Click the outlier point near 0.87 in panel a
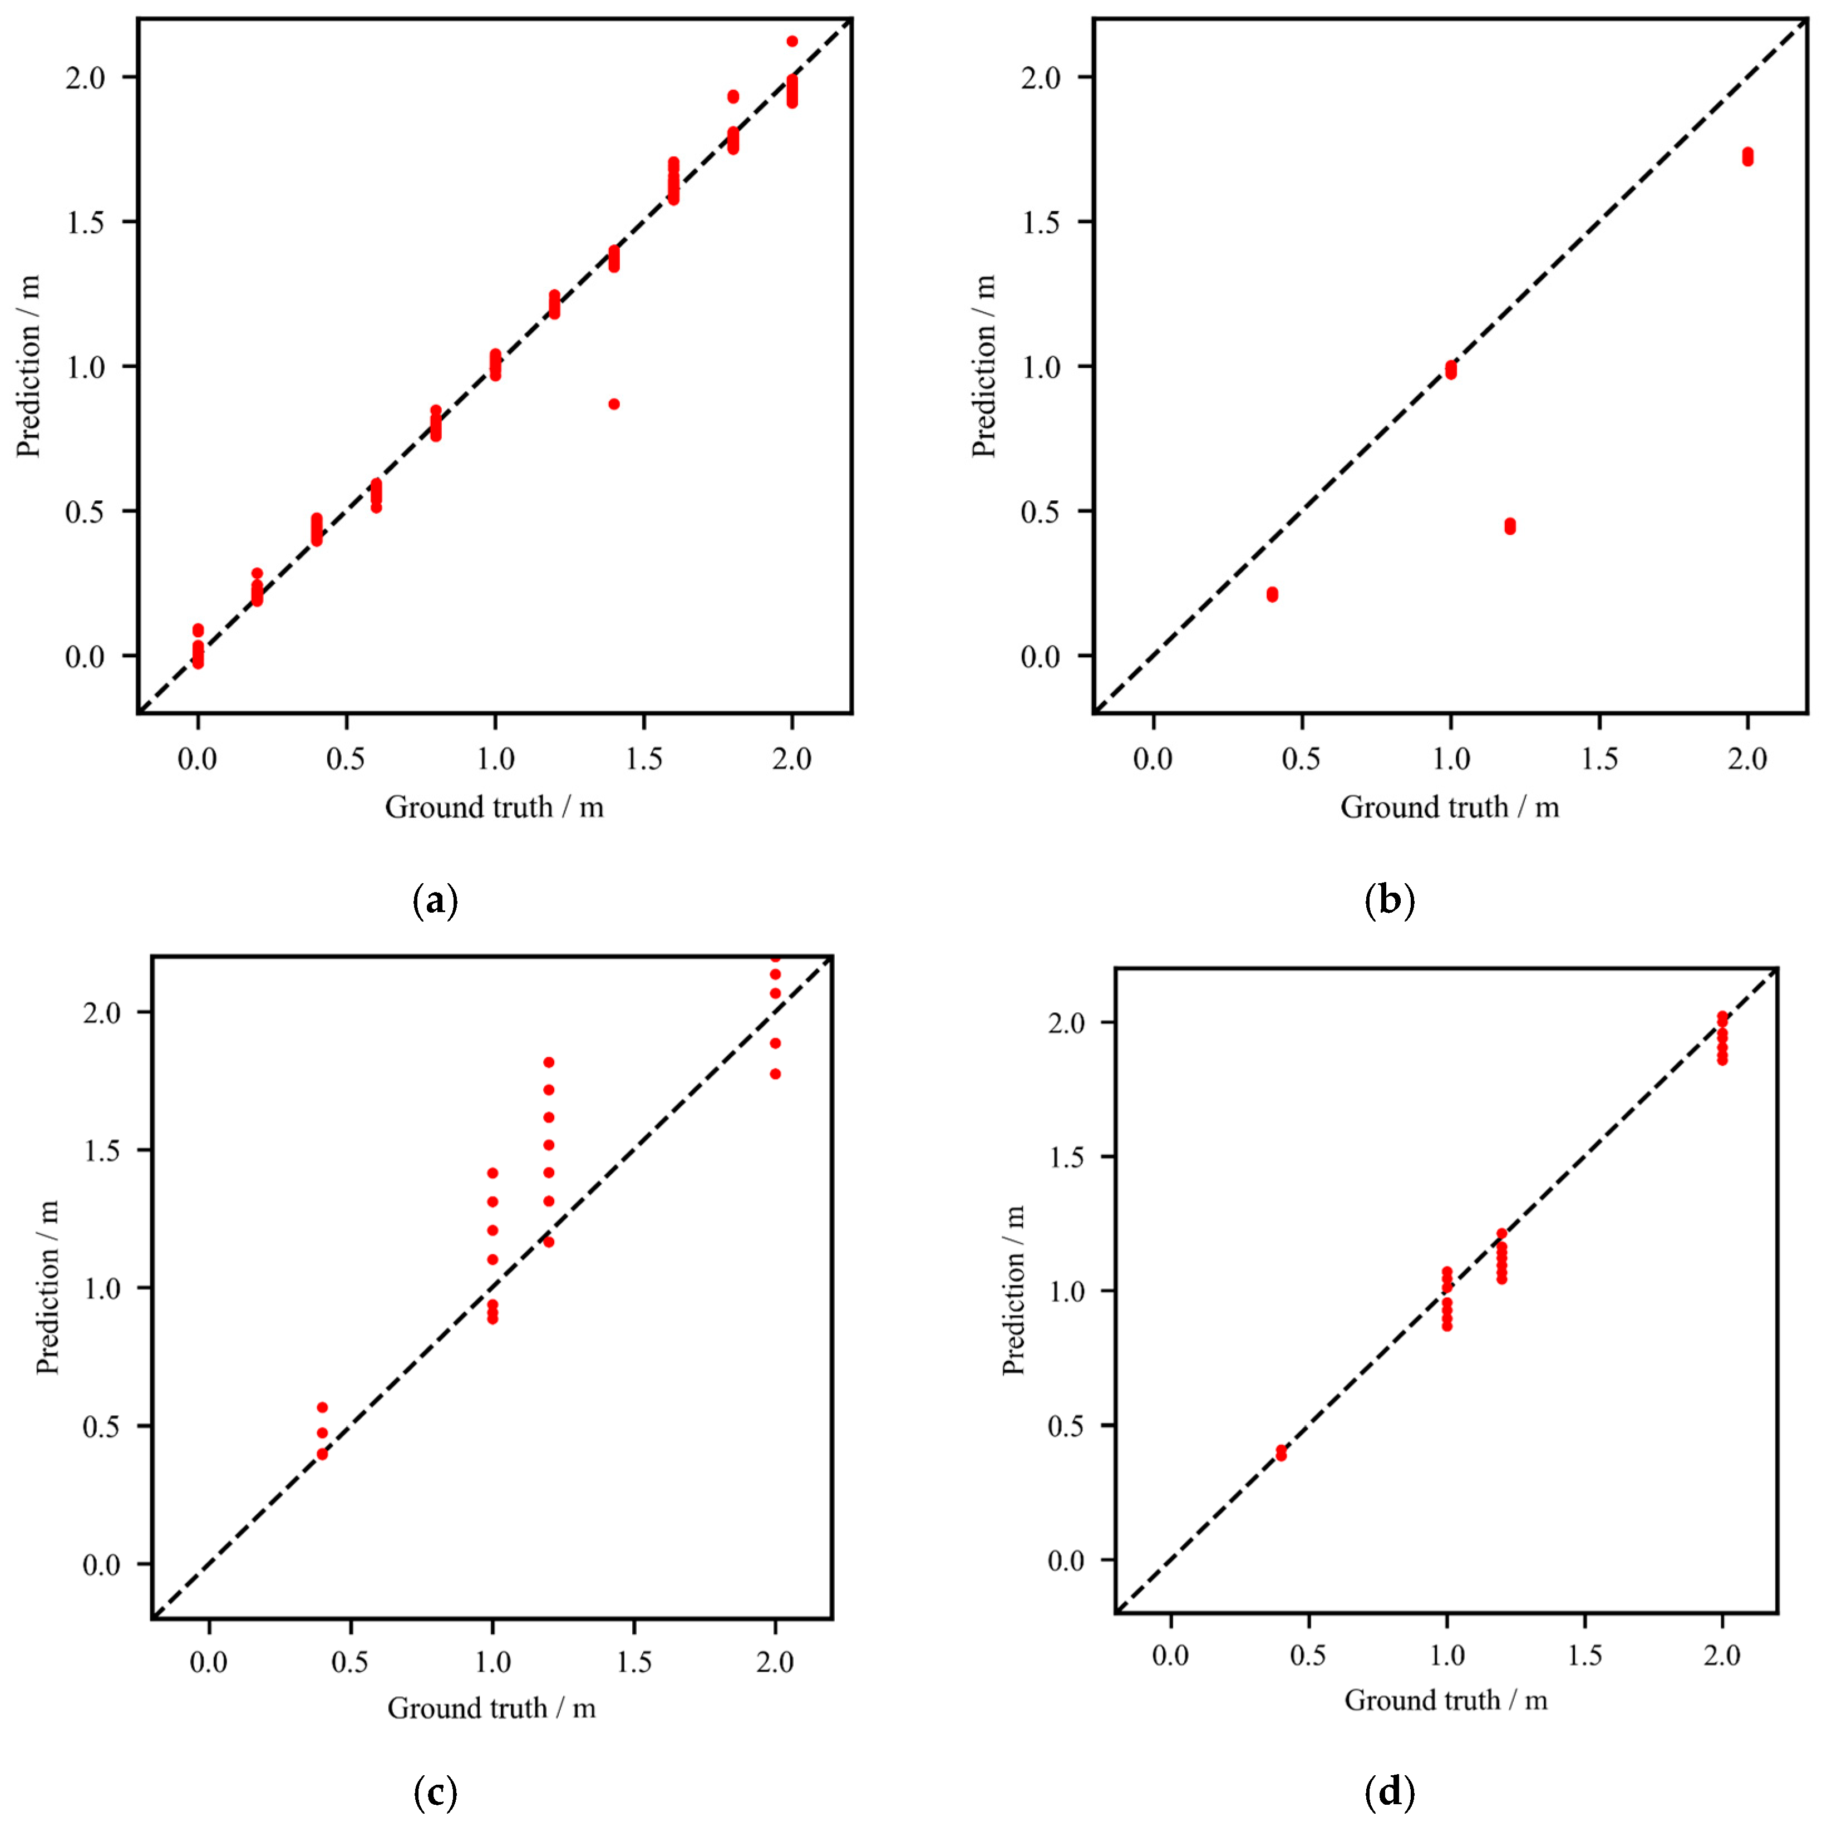[x=614, y=403]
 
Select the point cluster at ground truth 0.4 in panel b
[x=1272, y=594]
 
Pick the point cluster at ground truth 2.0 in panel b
[x=1747, y=156]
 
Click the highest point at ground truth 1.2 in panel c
[x=549, y=1062]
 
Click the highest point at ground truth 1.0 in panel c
[x=493, y=1173]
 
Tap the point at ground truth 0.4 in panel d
[x=1281, y=1453]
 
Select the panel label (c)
[x=436, y=1792]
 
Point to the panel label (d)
[x=1390, y=1792]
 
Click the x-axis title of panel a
[x=494, y=807]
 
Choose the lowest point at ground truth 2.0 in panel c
[x=775, y=1074]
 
